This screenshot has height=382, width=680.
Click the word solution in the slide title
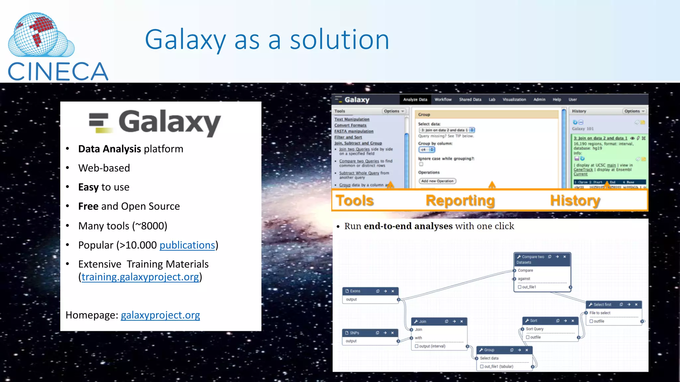339,40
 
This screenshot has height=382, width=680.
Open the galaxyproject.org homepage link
160,315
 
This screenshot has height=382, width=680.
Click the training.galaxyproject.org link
140,277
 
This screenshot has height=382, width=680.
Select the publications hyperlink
187,245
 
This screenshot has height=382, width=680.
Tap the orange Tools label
355,201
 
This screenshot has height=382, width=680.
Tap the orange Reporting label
460,201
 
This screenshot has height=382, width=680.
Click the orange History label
575,201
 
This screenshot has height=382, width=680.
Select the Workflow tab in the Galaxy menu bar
443,99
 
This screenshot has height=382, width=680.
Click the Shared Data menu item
470,99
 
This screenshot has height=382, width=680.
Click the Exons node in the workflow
355,291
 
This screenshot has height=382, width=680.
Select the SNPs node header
354,333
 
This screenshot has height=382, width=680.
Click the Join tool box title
422,321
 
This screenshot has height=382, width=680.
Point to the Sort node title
533,321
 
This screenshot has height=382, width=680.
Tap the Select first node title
602,304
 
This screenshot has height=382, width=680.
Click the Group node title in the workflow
489,350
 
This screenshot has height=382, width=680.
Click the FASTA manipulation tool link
354,131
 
